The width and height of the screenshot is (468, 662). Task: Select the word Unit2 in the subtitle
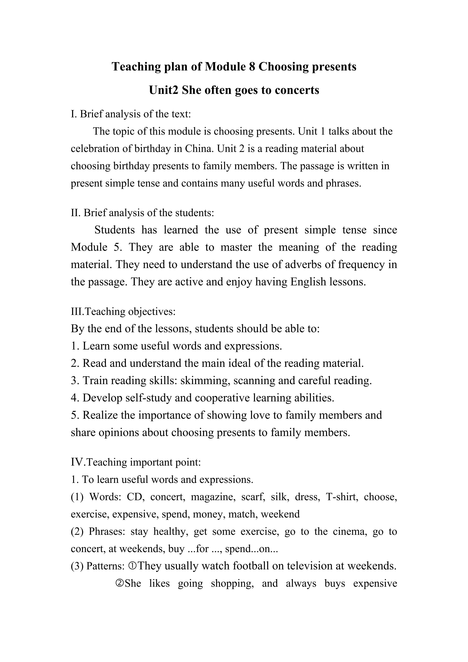[x=163, y=90]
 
